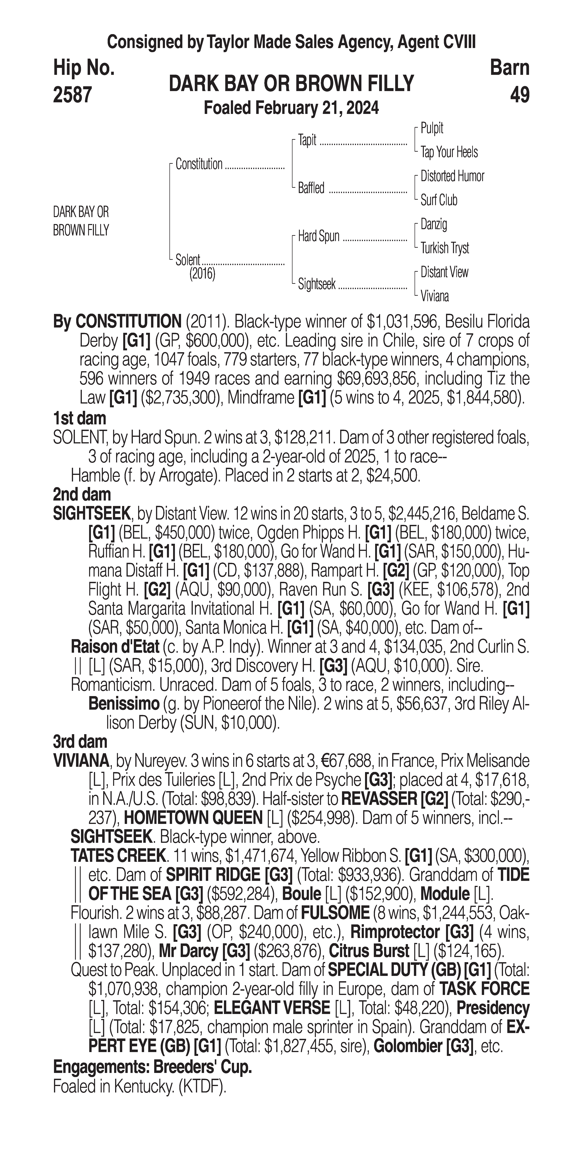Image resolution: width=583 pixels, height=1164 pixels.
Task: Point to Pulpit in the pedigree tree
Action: click(432, 128)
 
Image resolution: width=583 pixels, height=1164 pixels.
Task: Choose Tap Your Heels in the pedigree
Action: click(449, 152)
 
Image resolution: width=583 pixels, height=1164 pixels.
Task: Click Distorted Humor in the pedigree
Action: click(452, 176)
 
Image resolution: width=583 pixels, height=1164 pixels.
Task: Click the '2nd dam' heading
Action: click(81, 495)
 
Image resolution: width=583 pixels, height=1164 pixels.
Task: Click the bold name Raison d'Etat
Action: click(115, 647)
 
